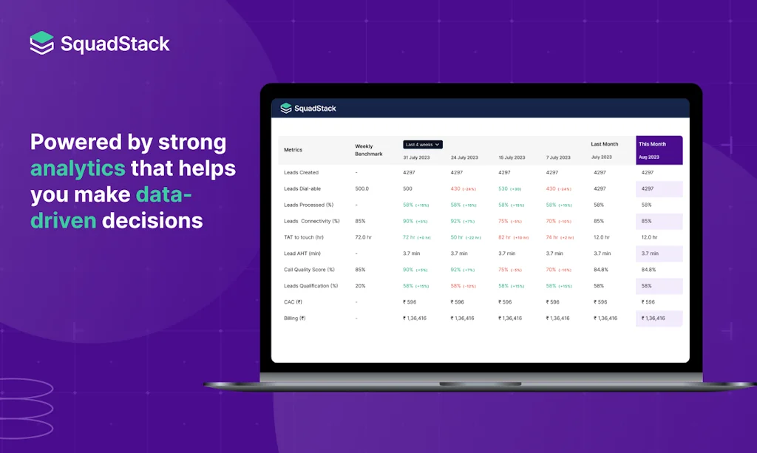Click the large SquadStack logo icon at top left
click(42, 43)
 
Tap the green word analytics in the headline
click(78, 168)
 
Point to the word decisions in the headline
click(152, 220)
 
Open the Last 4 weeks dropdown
click(423, 144)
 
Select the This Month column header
click(652, 144)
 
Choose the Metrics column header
click(293, 150)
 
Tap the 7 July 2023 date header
click(558, 157)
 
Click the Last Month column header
click(604, 144)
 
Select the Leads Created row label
click(301, 173)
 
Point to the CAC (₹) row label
click(293, 302)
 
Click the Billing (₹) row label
click(295, 319)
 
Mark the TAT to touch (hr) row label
click(304, 237)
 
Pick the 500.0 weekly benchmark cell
click(362, 189)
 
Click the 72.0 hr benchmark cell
click(364, 237)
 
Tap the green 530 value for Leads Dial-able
click(503, 189)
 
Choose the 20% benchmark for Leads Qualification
click(360, 286)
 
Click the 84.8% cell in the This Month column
click(648, 270)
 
